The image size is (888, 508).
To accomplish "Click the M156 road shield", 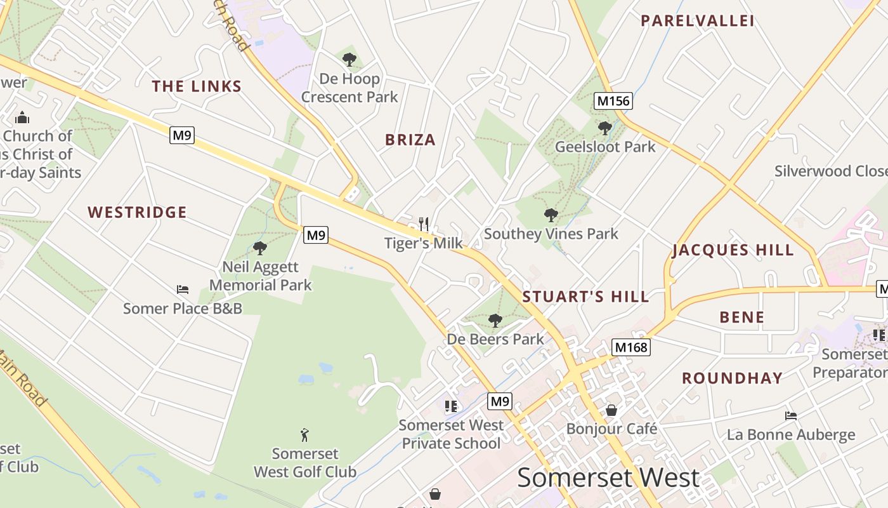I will pyautogui.click(x=613, y=100).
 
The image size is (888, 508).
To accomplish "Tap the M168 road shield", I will pyautogui.click(x=631, y=347).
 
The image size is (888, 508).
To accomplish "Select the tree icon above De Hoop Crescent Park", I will pyautogui.click(x=349, y=60).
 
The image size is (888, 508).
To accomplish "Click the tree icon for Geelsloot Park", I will pyautogui.click(x=605, y=128).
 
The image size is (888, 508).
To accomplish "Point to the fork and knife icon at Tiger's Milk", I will pyautogui.click(x=424, y=224).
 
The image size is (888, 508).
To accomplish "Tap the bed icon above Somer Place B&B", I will pyautogui.click(x=183, y=290).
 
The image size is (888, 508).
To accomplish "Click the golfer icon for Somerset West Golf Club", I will pyautogui.click(x=305, y=435).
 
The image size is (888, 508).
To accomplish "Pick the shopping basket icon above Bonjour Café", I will pyautogui.click(x=611, y=410).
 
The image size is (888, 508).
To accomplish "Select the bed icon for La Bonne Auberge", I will pyautogui.click(x=791, y=416).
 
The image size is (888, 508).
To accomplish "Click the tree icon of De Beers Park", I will pyautogui.click(x=495, y=321).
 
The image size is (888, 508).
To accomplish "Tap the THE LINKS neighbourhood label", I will pyautogui.click(x=197, y=86).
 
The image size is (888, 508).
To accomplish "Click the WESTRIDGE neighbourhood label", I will pyautogui.click(x=137, y=212).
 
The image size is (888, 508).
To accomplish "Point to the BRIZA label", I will pyautogui.click(x=410, y=140).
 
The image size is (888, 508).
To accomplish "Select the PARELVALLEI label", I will pyautogui.click(x=697, y=21).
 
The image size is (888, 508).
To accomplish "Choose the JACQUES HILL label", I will pyautogui.click(x=733, y=250).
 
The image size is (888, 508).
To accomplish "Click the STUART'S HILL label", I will pyautogui.click(x=585, y=297).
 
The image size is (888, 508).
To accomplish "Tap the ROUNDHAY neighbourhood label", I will pyautogui.click(x=732, y=378).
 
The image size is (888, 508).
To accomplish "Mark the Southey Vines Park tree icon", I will pyautogui.click(x=551, y=215).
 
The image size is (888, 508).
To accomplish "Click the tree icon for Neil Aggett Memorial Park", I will pyautogui.click(x=260, y=248).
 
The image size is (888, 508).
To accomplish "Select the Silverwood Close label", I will pyautogui.click(x=830, y=171).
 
